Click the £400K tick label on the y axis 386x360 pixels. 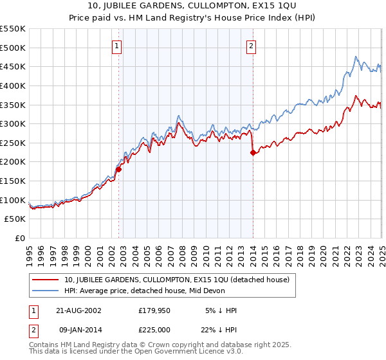(x=13, y=85)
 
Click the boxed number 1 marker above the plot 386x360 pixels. (x=116, y=46)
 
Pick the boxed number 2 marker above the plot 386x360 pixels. (x=250, y=46)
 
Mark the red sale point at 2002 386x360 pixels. (x=119, y=170)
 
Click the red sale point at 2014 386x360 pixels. (x=253, y=152)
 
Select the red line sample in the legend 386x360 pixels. (x=46, y=280)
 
